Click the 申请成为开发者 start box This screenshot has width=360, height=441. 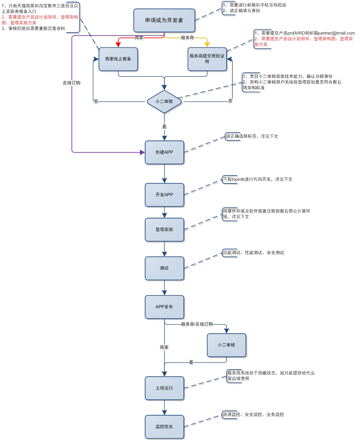[164, 20]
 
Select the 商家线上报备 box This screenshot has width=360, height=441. [118, 59]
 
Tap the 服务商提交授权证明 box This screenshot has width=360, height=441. [207, 59]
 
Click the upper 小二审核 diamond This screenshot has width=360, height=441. [164, 102]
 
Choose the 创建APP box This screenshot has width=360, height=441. [164, 152]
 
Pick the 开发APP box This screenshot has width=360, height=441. [164, 195]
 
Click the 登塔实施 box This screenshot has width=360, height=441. [164, 229]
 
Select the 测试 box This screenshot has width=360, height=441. [164, 268]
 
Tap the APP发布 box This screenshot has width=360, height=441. [164, 307]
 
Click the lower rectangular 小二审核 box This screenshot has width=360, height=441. [226, 345]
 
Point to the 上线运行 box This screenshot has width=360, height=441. [164, 388]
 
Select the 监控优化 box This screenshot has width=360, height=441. [164, 427]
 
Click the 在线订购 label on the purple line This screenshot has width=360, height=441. [72, 83]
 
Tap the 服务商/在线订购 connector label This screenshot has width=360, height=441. [197, 324]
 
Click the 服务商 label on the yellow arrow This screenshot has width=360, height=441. [187, 38]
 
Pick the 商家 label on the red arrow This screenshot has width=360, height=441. [139, 38]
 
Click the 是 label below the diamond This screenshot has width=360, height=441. [164, 127]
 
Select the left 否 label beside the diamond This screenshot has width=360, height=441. [96, 102]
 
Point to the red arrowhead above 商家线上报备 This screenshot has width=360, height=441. [118, 45]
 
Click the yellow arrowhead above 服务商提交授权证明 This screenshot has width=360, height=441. [207, 45]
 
